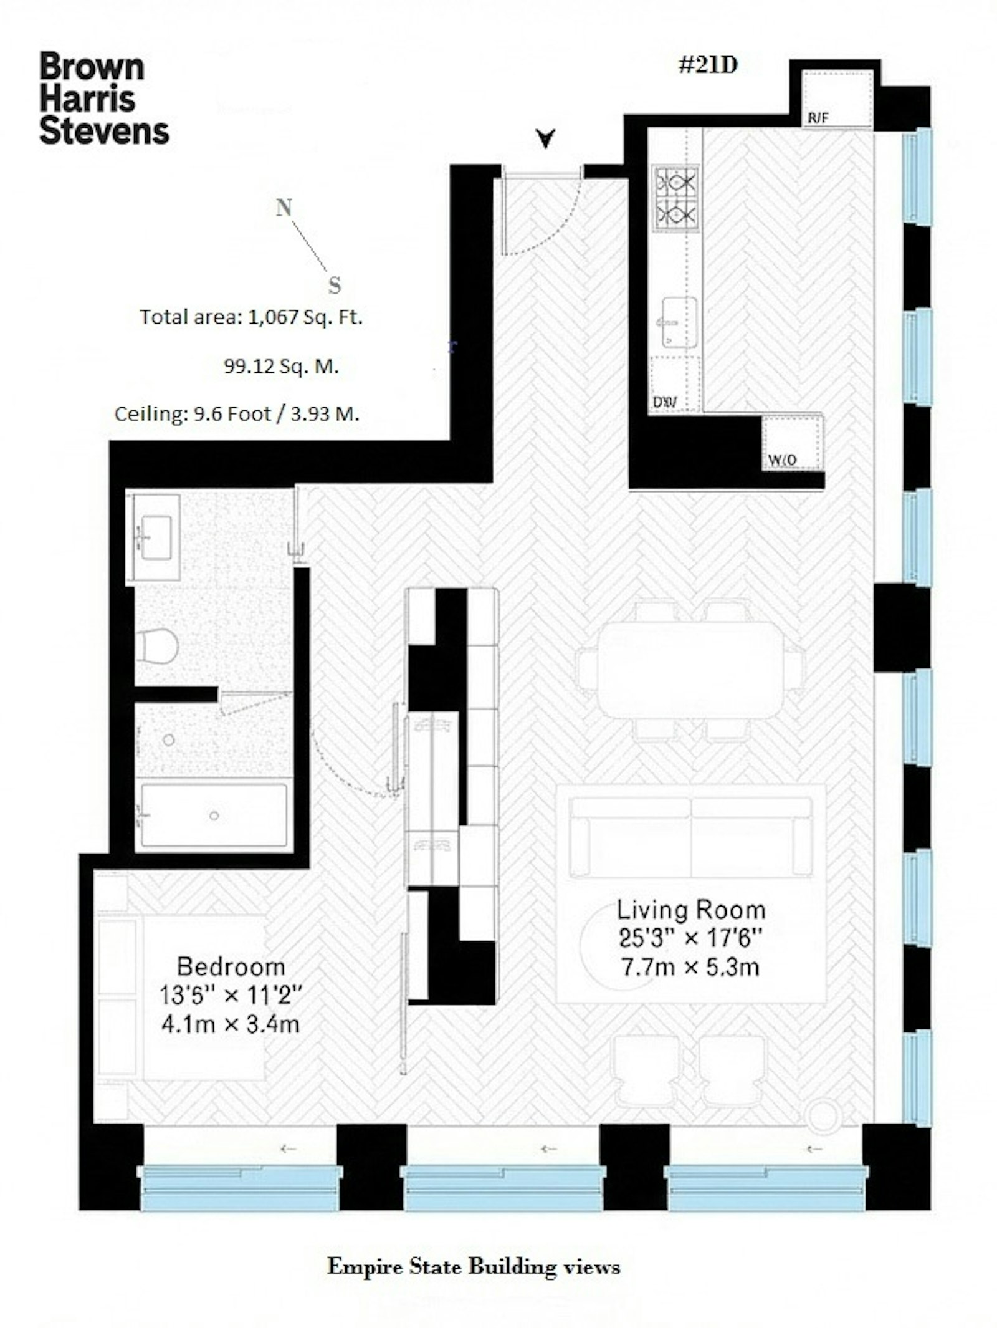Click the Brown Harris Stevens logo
click(103, 99)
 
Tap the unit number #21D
click(708, 65)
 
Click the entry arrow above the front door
click(546, 138)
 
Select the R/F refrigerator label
click(818, 118)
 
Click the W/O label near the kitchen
click(782, 460)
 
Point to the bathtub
click(214, 816)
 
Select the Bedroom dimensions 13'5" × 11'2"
click(231, 996)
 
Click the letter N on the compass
click(284, 208)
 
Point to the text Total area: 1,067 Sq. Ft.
click(250, 317)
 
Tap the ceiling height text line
click(237, 414)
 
